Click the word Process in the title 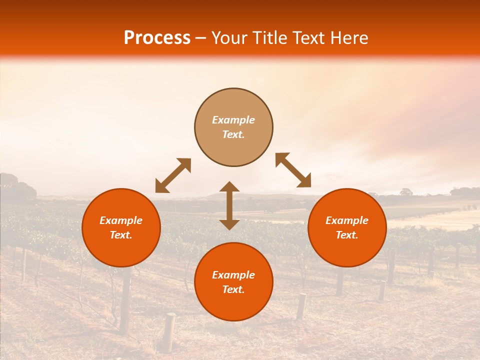pyautogui.click(x=157, y=38)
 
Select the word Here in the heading pyautogui.click(x=348, y=38)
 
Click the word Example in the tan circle pyautogui.click(x=233, y=120)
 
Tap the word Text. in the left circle pyautogui.click(x=121, y=235)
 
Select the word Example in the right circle pyautogui.click(x=347, y=220)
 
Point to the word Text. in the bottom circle pyautogui.click(x=233, y=289)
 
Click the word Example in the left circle pyautogui.click(x=121, y=220)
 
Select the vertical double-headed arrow pyautogui.click(x=229, y=205)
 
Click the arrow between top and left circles pyautogui.click(x=173, y=175)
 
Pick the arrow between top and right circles pyautogui.click(x=293, y=170)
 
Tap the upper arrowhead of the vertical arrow pyautogui.click(x=229, y=187)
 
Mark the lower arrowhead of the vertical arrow pyautogui.click(x=229, y=224)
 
